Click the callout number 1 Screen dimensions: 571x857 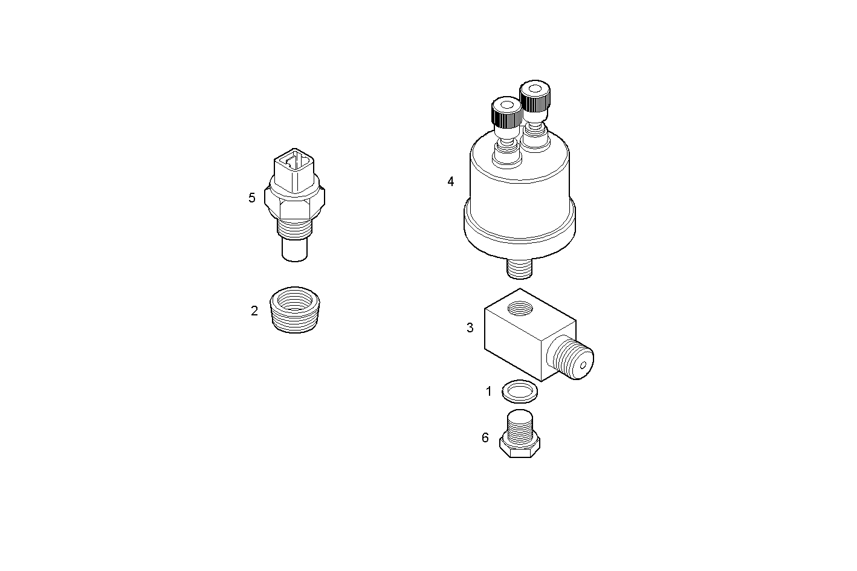point(489,392)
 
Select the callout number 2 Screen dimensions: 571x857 point(254,311)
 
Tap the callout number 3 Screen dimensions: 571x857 point(470,328)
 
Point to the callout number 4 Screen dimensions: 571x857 point(451,181)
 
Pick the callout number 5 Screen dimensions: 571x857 point(252,198)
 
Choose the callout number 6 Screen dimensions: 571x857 point(485,437)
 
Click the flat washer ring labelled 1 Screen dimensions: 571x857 point(520,392)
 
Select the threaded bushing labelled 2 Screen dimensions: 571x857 point(294,309)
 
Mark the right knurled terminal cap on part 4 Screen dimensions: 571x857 point(535,97)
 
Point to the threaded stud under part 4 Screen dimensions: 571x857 point(519,268)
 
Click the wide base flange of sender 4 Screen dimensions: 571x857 point(519,233)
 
